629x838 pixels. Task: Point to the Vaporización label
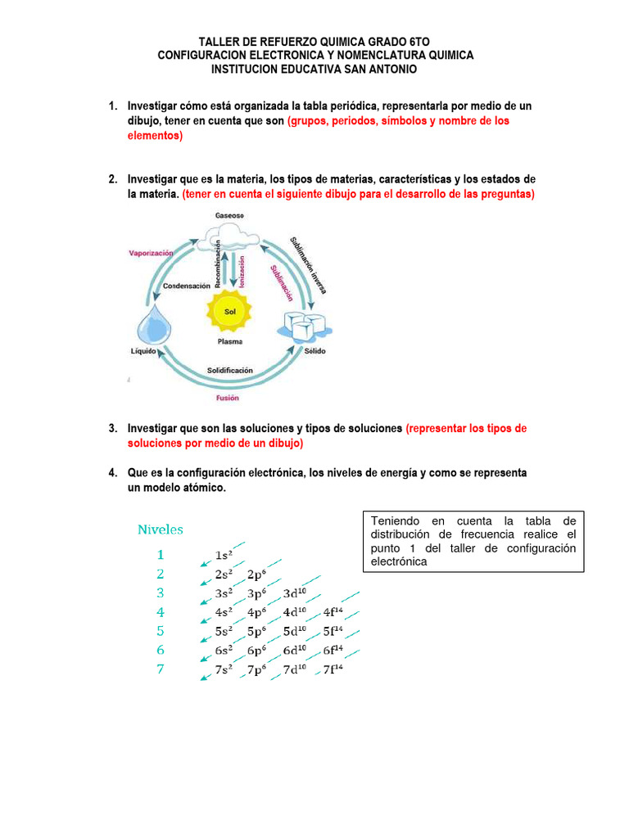[x=152, y=254]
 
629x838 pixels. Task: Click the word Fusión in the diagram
[x=227, y=398]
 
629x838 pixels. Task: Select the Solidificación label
[x=229, y=370]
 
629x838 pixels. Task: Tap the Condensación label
[x=186, y=286]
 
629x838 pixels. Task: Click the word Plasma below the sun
[x=229, y=342]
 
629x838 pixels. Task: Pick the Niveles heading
[x=161, y=529]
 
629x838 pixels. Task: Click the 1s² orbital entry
[x=224, y=556]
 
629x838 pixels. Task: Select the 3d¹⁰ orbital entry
[x=294, y=593]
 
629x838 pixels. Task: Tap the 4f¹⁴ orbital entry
[x=333, y=612]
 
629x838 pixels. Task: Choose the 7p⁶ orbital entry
[x=259, y=669]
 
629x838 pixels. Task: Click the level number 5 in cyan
[x=161, y=631]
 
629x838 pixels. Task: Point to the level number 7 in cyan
[x=161, y=669]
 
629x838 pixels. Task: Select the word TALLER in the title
[x=219, y=41]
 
